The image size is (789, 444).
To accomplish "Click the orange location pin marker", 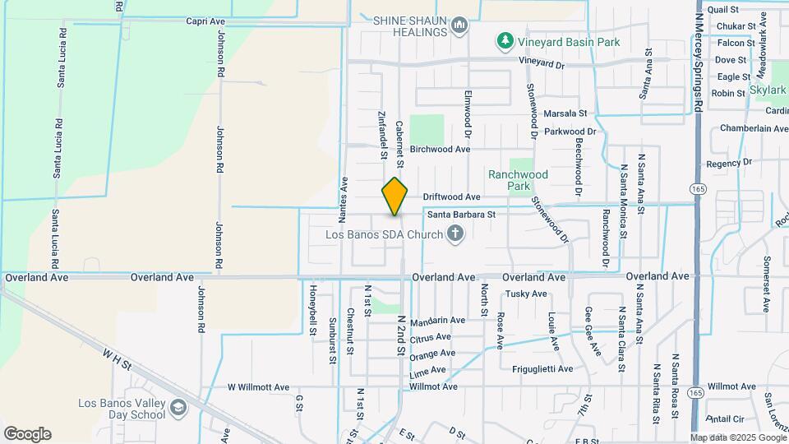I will [x=395, y=197].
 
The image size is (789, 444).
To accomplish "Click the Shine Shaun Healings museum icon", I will [x=460, y=26].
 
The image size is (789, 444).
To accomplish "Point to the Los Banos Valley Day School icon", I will [x=178, y=408].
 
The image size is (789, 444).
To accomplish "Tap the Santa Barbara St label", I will [x=461, y=214].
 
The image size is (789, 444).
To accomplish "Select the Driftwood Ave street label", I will [x=451, y=197].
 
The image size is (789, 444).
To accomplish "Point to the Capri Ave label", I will [x=205, y=21].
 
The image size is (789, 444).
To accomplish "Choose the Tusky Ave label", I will [x=527, y=294].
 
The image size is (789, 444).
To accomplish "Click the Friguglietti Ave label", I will [x=542, y=369].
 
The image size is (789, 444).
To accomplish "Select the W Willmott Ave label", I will [x=258, y=386].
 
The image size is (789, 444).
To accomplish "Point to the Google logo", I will [x=27, y=434].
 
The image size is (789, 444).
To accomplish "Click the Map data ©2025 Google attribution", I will [x=737, y=438].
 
